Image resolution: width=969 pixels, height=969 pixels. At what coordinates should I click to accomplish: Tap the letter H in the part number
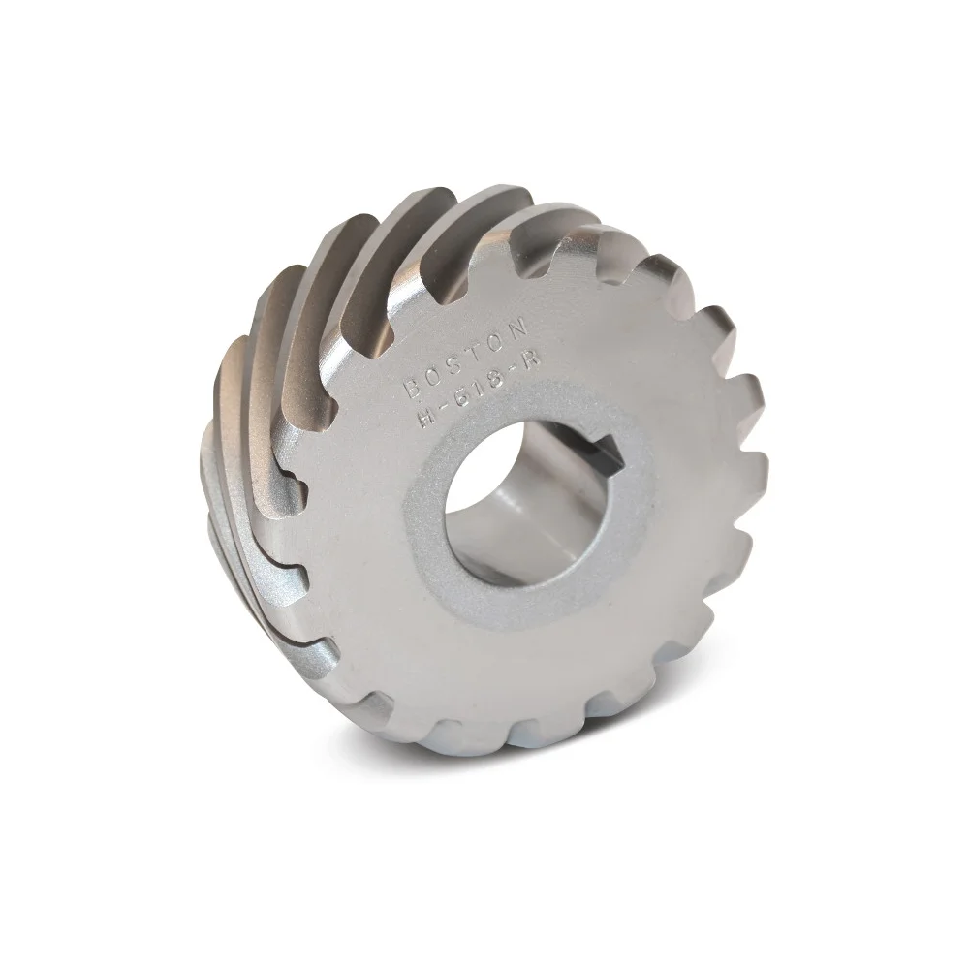pos(425,420)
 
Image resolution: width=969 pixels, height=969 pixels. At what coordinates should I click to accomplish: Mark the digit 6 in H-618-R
pos(462,399)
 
